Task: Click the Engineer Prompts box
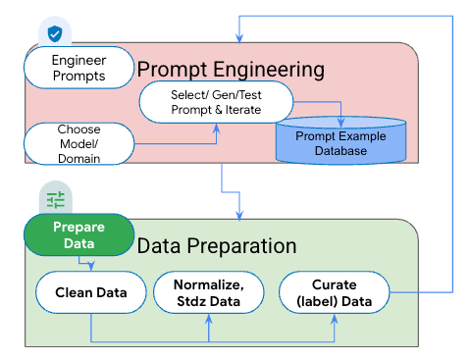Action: click(x=78, y=68)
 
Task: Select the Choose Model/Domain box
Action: click(x=78, y=143)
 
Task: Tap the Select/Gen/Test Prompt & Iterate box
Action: click(x=216, y=101)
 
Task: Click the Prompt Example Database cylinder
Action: click(x=340, y=142)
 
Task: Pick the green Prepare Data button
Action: click(x=78, y=234)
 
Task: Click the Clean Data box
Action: click(x=89, y=292)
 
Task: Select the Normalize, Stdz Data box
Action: click(x=208, y=292)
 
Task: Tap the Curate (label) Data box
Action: click(x=333, y=292)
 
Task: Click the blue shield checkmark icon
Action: click(x=55, y=33)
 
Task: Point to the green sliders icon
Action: click(x=55, y=199)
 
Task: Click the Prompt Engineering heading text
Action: click(x=232, y=70)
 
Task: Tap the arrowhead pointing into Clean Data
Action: click(x=90, y=268)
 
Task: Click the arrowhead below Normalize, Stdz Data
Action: click(x=209, y=318)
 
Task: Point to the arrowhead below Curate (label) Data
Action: click(x=333, y=318)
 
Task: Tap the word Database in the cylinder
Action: click(x=340, y=152)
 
